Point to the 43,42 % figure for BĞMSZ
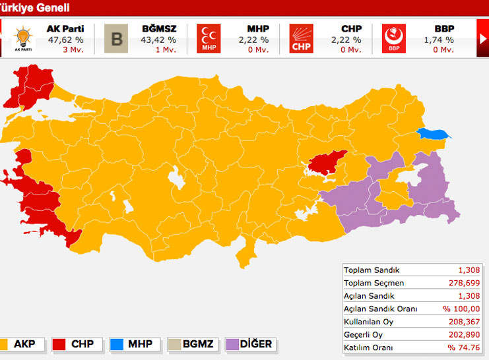(x=158, y=40)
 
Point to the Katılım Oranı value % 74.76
(x=465, y=347)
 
